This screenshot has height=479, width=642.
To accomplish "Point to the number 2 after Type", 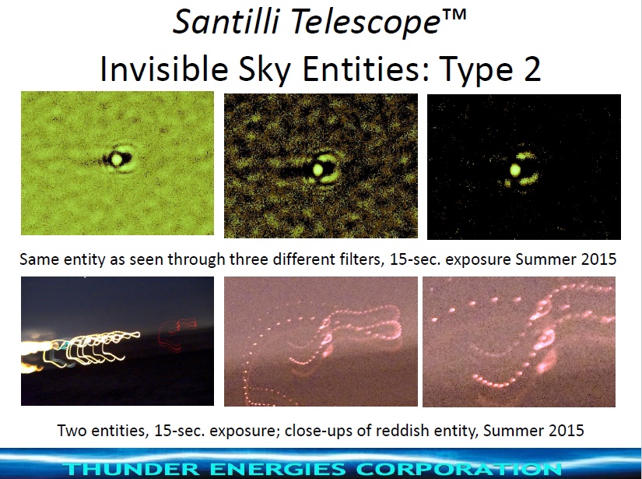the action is (531, 69).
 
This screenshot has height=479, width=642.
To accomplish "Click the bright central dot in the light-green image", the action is (116, 159).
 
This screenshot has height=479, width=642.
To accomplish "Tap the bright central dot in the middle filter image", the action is (318, 169).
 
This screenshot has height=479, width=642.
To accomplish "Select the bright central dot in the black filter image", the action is (515, 170).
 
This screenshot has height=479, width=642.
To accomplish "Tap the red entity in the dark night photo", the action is (176, 333).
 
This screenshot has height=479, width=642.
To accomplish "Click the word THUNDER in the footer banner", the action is (132, 469).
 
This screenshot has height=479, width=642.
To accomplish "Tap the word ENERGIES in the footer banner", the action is (279, 469).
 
